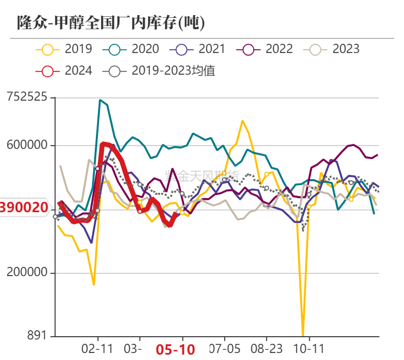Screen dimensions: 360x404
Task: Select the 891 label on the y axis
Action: pyautogui.click(x=38, y=336)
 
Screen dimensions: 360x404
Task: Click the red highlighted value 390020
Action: pyautogui.click(x=24, y=208)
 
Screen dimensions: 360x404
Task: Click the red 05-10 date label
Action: pyautogui.click(x=175, y=350)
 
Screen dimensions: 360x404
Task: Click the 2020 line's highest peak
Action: pyautogui.click(x=100, y=100)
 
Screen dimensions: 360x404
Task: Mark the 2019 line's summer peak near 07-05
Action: pyautogui.click(x=242, y=121)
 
